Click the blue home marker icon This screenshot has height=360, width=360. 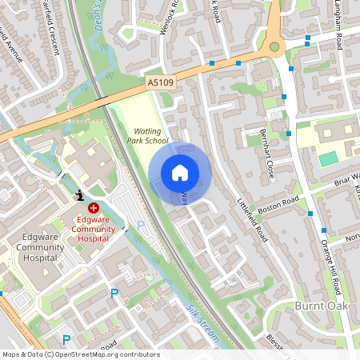tap(179, 173)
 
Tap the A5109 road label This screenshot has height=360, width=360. tap(160, 82)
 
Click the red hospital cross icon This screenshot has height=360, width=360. tap(94, 207)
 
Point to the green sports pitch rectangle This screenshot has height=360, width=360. tap(328, 158)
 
